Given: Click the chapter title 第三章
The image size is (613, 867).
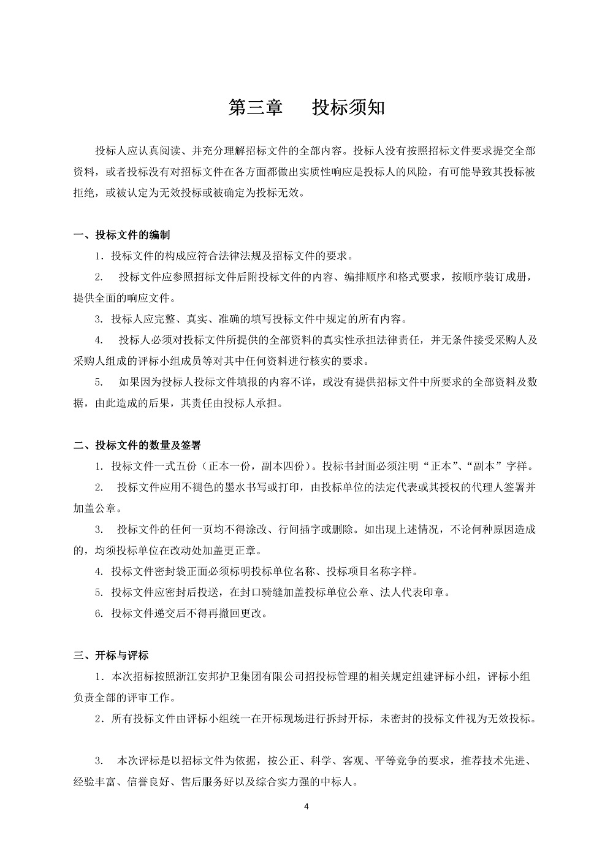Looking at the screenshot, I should pos(256,107).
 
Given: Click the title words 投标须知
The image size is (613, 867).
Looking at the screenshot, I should pos(348,107).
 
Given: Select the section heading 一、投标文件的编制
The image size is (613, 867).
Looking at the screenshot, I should pos(122,235).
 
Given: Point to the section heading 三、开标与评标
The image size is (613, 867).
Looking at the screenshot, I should pos(111,655).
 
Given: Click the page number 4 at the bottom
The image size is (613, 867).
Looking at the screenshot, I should pos(306,806).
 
